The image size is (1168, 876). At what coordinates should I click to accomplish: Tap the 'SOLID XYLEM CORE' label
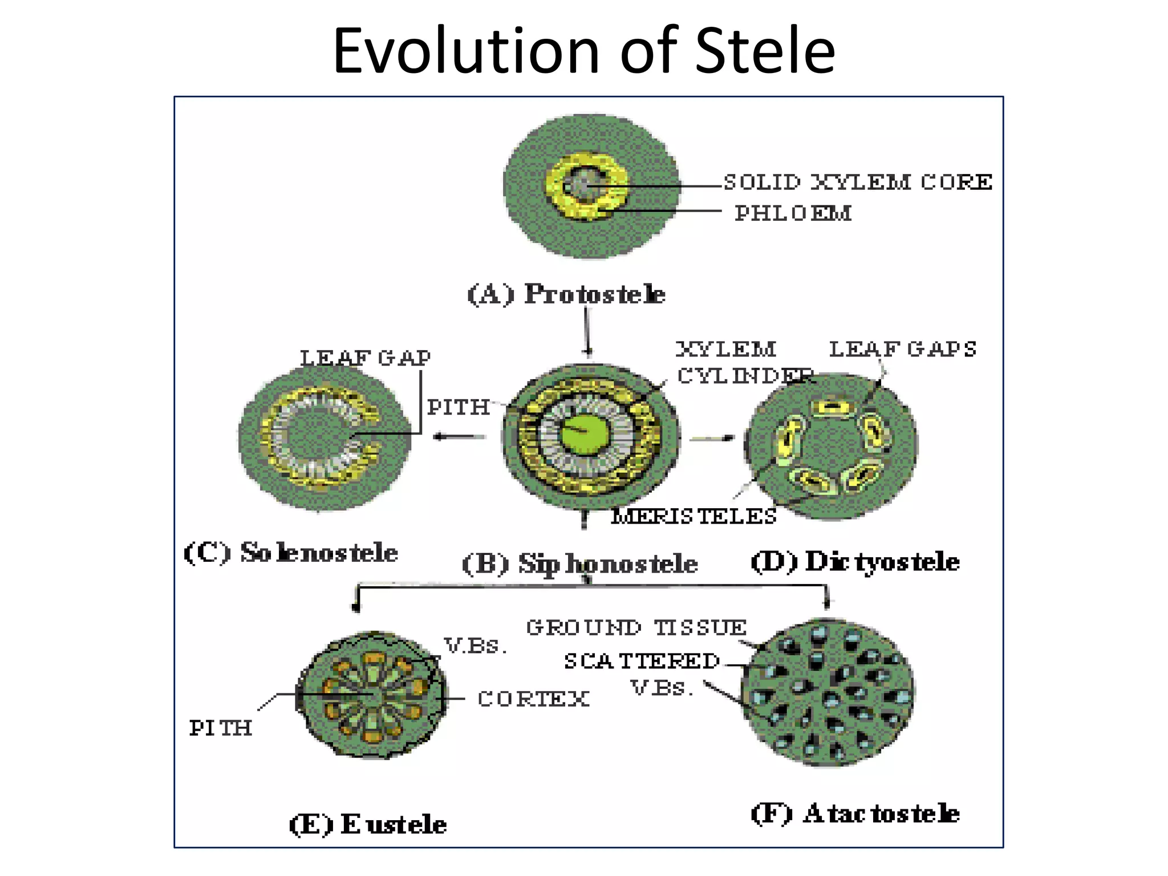click(858, 182)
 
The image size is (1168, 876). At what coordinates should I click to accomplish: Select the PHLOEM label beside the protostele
click(793, 213)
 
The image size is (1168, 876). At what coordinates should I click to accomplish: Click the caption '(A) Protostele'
click(566, 294)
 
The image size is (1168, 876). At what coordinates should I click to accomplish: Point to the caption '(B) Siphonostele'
click(579, 563)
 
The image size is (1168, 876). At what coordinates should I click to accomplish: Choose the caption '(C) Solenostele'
click(291, 552)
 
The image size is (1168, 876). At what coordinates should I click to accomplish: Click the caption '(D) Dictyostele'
click(855, 562)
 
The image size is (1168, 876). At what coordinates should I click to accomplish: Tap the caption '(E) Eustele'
click(368, 824)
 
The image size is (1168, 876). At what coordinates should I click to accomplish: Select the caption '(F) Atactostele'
click(855, 813)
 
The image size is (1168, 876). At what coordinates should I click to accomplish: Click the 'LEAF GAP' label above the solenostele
click(365, 358)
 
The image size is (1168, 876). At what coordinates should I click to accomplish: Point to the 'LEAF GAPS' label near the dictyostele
click(902, 349)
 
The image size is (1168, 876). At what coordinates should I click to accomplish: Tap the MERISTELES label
click(693, 516)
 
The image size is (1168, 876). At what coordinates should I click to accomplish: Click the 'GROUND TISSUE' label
click(636, 627)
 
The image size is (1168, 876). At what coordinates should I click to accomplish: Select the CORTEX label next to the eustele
click(533, 699)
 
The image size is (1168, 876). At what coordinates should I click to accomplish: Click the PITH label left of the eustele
click(221, 728)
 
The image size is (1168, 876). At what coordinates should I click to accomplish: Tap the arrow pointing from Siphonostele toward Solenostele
click(459, 437)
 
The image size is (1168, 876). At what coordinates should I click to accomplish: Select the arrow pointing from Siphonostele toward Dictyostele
click(712, 438)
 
